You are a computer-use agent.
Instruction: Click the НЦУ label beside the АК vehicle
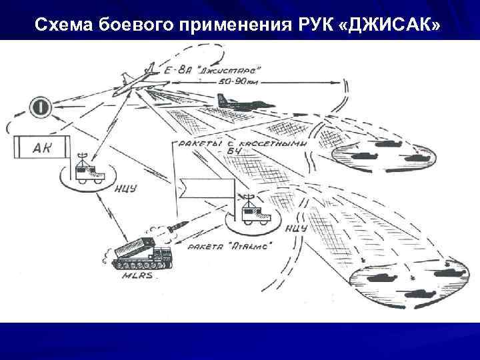pos(126,188)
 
